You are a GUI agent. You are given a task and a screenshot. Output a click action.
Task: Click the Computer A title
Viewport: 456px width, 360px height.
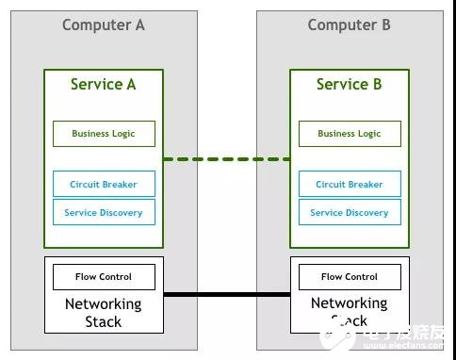tap(104, 25)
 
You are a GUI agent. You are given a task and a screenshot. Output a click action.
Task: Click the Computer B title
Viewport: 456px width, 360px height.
tap(349, 25)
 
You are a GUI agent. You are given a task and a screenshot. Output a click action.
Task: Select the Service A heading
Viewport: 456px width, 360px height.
tap(104, 85)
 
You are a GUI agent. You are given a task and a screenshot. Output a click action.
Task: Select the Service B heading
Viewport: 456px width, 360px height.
tap(349, 85)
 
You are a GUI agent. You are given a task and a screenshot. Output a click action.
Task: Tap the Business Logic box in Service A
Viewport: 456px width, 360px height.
tap(104, 134)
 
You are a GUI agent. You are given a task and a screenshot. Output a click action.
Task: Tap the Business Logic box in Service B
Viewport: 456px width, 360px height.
tap(349, 134)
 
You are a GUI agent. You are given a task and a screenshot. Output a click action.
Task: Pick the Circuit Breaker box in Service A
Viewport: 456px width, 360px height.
tap(104, 185)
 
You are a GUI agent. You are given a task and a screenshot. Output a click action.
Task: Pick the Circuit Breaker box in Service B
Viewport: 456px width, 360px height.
tap(349, 185)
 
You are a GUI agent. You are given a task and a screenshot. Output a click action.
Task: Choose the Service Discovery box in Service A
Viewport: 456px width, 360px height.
tap(104, 213)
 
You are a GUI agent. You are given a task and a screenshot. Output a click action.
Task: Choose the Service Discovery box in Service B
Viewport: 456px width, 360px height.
tap(349, 213)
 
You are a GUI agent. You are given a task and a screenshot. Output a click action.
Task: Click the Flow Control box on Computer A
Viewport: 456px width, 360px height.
tap(104, 277)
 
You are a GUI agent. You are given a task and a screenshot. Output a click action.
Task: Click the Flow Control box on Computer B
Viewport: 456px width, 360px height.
tap(349, 277)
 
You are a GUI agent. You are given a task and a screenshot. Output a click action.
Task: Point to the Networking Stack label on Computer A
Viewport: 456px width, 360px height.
tap(104, 312)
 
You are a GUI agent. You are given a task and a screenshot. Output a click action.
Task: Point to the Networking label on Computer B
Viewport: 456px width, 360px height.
tap(349, 303)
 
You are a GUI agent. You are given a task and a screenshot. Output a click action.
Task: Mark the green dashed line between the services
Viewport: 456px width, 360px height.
tap(226, 159)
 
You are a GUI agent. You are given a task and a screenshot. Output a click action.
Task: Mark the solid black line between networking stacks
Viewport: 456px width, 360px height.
tap(226, 295)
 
